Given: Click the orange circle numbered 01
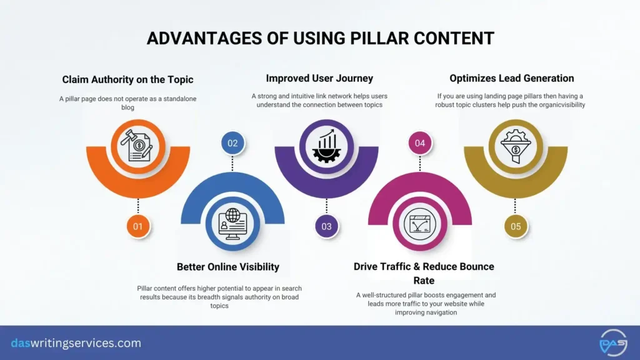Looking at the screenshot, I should click(137, 226).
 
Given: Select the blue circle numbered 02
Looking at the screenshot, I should click(232, 143).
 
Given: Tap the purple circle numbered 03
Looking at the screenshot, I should click(326, 226).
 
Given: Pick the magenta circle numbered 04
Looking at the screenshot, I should click(420, 143).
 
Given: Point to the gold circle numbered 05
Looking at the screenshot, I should click(516, 226).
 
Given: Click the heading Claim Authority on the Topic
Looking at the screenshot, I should click(127, 79).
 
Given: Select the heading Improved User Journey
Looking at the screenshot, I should click(319, 78).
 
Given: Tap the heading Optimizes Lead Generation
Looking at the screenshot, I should click(511, 78).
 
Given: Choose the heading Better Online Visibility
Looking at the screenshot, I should click(228, 267).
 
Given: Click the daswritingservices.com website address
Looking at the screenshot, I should click(76, 343).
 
